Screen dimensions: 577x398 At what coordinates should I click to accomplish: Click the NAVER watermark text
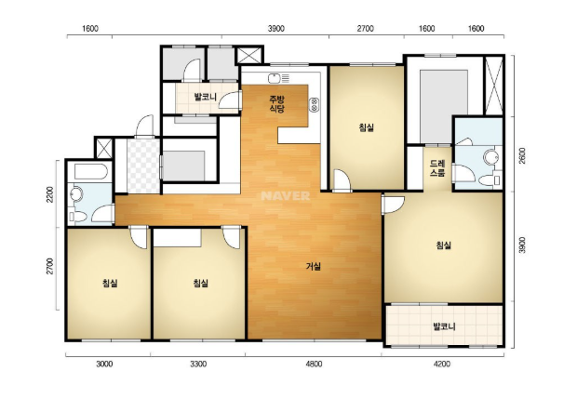click(x=286, y=195)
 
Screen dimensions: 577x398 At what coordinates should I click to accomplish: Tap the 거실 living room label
click(x=314, y=266)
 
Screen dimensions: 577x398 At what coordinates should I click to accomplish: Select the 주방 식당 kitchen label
click(x=277, y=104)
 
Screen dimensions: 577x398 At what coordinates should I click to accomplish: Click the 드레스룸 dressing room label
click(x=437, y=168)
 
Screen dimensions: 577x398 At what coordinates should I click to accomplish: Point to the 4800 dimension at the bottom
click(x=314, y=365)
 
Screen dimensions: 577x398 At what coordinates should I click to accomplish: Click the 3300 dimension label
click(x=198, y=365)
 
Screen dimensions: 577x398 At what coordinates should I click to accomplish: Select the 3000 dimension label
click(x=104, y=365)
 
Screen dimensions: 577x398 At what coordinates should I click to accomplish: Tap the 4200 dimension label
click(x=441, y=365)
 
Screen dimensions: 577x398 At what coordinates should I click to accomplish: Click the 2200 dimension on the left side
click(x=50, y=194)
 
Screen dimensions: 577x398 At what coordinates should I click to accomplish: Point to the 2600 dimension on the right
click(x=522, y=155)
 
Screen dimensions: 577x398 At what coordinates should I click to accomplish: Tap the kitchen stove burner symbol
click(x=315, y=104)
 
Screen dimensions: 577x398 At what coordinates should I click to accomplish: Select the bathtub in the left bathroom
click(x=91, y=171)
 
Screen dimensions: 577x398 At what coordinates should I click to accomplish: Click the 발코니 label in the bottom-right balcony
click(x=444, y=326)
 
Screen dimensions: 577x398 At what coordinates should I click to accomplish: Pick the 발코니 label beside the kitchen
click(x=206, y=97)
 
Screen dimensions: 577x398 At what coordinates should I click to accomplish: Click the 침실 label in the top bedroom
click(x=367, y=127)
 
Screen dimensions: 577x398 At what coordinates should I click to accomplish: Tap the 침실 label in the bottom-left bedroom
click(x=110, y=284)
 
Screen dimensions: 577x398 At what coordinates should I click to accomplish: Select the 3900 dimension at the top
click(x=276, y=29)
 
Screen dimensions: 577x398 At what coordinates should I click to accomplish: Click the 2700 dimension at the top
click(x=366, y=29)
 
